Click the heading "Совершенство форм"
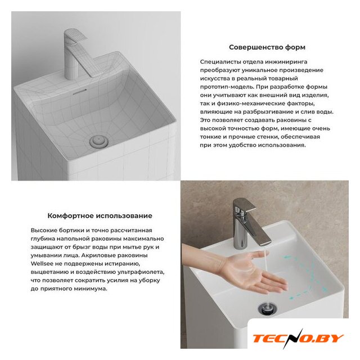(x=267, y=47)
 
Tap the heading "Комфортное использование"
(x=100, y=216)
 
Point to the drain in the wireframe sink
(x=99, y=141)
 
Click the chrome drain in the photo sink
(x=268, y=308)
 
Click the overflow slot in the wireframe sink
(x=79, y=92)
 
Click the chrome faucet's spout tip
(x=265, y=244)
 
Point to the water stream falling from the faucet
(x=266, y=260)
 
